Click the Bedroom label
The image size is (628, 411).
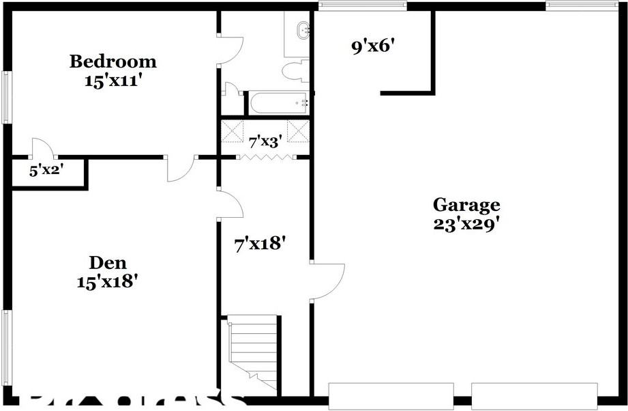[113, 61]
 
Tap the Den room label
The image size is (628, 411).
[108, 262]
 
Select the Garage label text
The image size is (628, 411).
[466, 204]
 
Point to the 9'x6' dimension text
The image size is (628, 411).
[372, 48]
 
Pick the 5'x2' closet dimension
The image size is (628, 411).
[46, 171]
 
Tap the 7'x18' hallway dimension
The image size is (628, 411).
[259, 243]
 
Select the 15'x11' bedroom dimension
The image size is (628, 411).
[113, 80]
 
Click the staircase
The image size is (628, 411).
[252, 352]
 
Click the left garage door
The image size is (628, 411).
[391, 395]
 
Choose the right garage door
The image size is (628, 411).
[535, 395]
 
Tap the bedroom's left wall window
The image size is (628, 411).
[6, 98]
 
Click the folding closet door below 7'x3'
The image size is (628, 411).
[265, 158]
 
